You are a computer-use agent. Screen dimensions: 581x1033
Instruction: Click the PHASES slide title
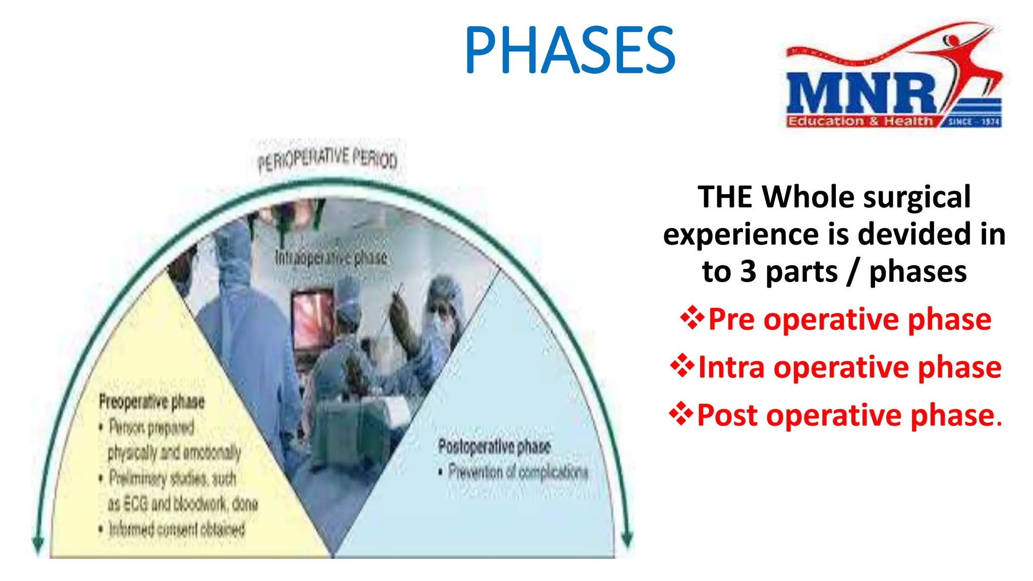click(x=569, y=50)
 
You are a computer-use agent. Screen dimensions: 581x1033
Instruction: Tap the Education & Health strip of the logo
click(x=860, y=122)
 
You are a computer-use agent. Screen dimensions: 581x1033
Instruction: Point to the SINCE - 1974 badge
click(x=973, y=122)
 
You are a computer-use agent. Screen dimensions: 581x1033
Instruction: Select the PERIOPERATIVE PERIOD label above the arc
click(x=327, y=159)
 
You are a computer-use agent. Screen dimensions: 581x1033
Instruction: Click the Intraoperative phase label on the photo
click(x=331, y=258)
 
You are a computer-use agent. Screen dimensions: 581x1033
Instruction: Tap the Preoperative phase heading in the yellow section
click(x=152, y=402)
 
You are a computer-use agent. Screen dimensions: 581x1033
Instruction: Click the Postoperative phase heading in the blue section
click(x=494, y=446)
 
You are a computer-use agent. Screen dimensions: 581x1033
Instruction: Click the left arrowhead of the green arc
click(x=38, y=544)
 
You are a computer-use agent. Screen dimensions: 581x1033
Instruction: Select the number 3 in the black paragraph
click(x=748, y=272)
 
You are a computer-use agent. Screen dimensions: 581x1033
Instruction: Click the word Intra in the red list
click(x=731, y=367)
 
